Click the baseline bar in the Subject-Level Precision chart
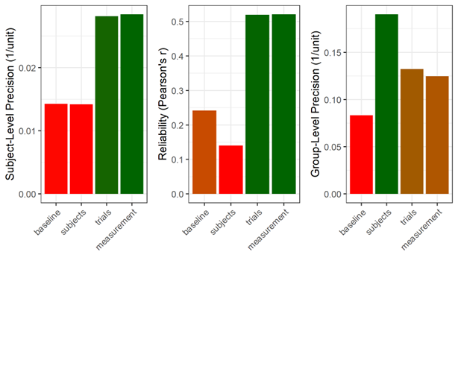tap(56, 149)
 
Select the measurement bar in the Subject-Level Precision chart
tap(132, 104)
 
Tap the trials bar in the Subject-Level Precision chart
tap(107, 105)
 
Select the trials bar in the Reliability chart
tap(256, 104)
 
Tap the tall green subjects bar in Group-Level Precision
tap(386, 104)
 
